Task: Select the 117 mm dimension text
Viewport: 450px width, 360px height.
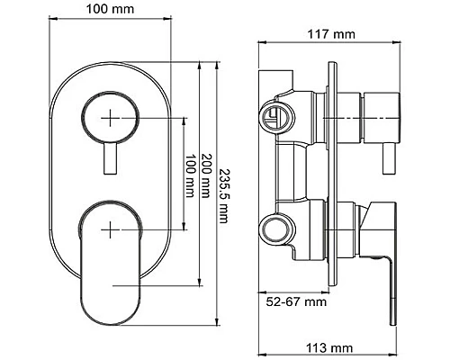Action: coord(329,34)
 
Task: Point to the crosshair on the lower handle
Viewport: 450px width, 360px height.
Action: coord(111,227)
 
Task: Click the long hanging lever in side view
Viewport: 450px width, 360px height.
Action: coord(388,279)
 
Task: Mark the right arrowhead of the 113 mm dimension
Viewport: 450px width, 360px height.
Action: coord(396,334)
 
